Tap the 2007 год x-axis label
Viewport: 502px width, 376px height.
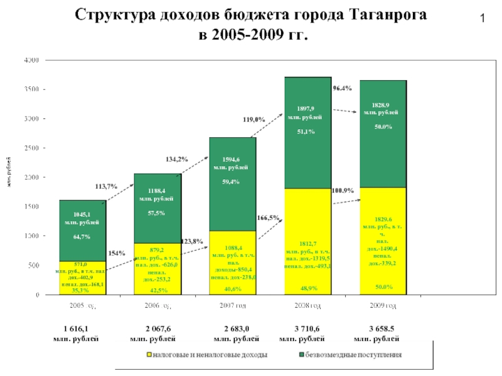click(x=232, y=306)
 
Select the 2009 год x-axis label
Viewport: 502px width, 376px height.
click(x=382, y=306)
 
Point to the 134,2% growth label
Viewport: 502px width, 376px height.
click(x=178, y=159)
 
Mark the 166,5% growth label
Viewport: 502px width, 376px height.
click(x=268, y=218)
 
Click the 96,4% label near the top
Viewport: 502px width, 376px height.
click(x=342, y=89)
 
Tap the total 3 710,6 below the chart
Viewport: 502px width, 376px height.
click(x=307, y=328)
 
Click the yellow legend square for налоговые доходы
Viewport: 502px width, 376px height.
click(x=149, y=355)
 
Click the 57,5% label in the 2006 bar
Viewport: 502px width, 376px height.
click(x=156, y=213)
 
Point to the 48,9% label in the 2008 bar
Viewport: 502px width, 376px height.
click(x=308, y=288)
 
